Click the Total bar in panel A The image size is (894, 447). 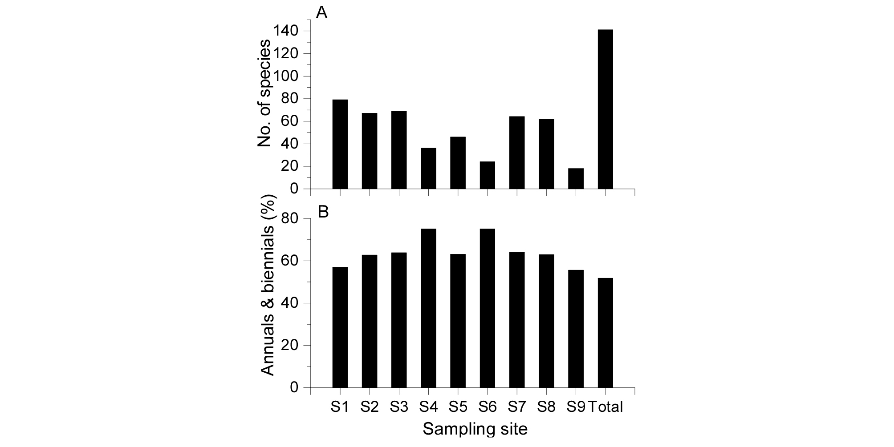(x=605, y=109)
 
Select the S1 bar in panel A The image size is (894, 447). (x=340, y=144)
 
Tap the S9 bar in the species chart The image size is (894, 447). (x=576, y=178)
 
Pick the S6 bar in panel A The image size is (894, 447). (x=487, y=175)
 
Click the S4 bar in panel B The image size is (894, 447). (x=428, y=308)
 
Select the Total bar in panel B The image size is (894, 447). (x=605, y=333)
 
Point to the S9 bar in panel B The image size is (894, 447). (x=576, y=329)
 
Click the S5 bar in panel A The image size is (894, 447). (x=458, y=163)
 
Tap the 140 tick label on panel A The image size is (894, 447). (x=286, y=31)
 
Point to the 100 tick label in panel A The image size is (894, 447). (x=286, y=77)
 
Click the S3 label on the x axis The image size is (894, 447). (x=399, y=407)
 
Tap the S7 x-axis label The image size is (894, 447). (x=517, y=407)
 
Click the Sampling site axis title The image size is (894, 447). (x=475, y=429)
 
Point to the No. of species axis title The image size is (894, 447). (x=264, y=93)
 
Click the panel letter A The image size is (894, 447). (x=321, y=13)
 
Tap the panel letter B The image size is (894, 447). (x=322, y=212)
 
